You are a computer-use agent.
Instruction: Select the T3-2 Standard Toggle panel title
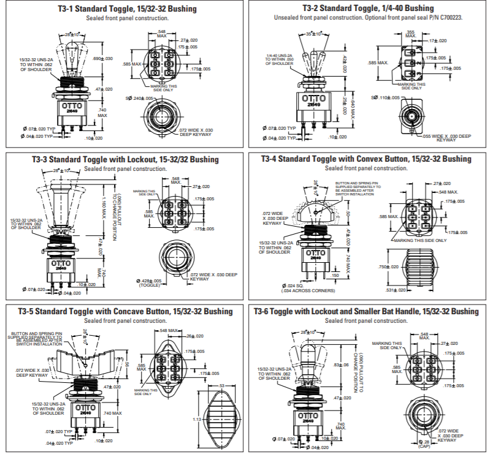[x=368, y=9]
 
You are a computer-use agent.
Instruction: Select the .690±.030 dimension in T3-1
[x=102, y=58]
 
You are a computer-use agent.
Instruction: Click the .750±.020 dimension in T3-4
[x=388, y=267]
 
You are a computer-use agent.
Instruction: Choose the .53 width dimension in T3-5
[x=221, y=385]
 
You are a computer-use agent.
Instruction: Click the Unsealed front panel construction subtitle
[x=368, y=18]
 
